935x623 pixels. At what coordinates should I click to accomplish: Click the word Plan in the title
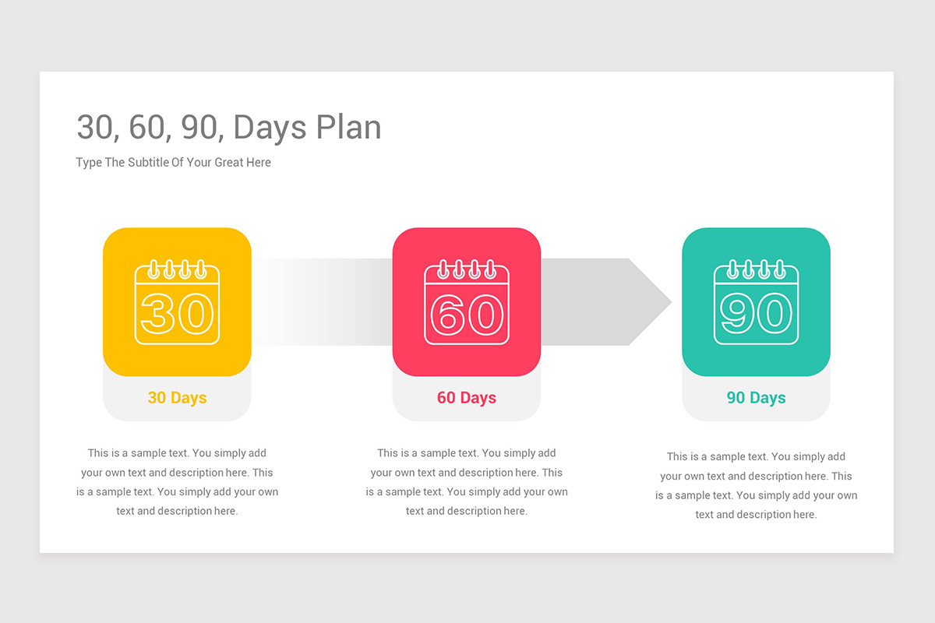[x=348, y=128]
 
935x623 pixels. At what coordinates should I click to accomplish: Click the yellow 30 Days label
[x=177, y=398]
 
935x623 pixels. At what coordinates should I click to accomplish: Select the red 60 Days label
[x=467, y=398]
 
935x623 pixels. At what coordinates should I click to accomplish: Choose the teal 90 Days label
[x=756, y=398]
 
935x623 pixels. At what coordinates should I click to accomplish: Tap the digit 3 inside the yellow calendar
[x=159, y=314]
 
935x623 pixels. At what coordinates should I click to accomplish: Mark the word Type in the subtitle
[x=89, y=162]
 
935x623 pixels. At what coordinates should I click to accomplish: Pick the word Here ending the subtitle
[x=258, y=162]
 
